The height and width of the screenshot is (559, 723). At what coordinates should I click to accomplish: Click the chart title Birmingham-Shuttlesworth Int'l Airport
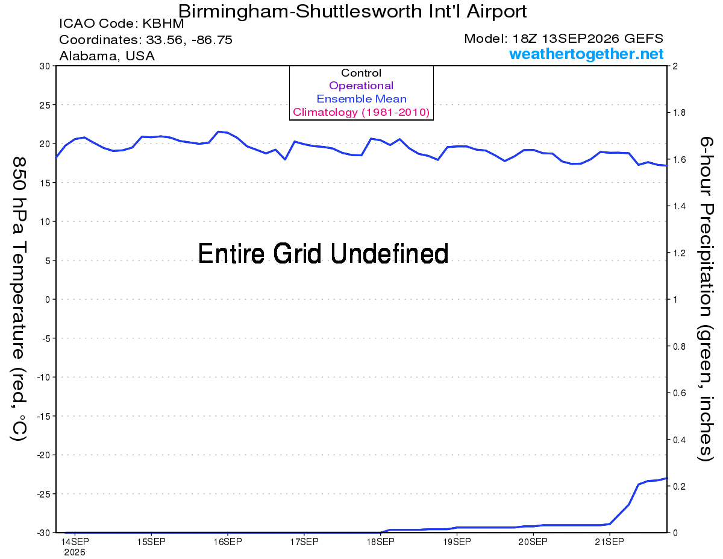352,11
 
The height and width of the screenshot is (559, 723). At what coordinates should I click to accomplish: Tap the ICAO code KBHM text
122,24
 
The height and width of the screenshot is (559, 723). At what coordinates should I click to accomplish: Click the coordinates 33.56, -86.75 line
146,40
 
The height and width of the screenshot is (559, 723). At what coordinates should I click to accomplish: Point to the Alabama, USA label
107,56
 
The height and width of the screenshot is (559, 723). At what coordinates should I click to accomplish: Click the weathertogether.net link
586,54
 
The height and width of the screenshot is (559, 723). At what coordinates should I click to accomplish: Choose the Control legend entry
361,73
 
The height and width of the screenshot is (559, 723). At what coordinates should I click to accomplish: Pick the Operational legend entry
361,86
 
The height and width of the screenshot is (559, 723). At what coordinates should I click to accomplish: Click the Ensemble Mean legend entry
361,99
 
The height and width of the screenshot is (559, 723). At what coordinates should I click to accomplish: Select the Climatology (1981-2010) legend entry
361,112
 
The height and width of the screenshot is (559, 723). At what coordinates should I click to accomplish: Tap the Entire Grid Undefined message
323,253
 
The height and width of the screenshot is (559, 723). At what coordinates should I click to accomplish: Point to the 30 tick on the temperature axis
45,66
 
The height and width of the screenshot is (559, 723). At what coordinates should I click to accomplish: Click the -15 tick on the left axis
43,416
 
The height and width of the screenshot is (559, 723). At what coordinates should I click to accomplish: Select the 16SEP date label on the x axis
228,542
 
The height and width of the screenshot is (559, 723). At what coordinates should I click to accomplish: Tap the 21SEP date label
609,542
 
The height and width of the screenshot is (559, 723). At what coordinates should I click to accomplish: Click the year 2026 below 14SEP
75,553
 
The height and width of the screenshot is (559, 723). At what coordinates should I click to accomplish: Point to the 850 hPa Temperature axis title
19,299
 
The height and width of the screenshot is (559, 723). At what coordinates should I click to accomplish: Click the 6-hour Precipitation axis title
706,298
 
